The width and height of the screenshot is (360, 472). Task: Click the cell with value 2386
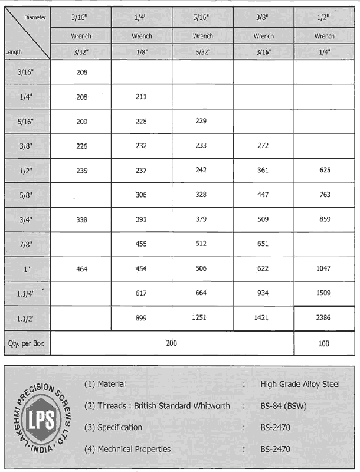coord(324,317)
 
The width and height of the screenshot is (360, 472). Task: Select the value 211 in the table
coord(141,97)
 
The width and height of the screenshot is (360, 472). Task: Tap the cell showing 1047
coord(324,268)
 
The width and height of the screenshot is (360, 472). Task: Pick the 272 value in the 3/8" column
coord(263,146)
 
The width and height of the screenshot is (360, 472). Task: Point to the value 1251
coord(202,317)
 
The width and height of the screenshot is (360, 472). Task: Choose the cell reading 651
coord(263,244)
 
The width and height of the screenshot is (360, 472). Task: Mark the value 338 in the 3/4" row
coord(81,220)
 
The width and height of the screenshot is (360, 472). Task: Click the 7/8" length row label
coord(26,244)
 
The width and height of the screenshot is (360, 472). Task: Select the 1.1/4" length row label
coord(26,293)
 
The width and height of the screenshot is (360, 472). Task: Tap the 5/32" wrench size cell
coord(202,51)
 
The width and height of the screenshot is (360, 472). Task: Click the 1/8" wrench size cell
coord(141,51)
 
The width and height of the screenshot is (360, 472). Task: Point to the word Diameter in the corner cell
coord(35,17)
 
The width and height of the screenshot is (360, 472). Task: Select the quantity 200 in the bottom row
coord(172,343)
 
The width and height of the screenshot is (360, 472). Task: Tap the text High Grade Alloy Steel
coord(300,384)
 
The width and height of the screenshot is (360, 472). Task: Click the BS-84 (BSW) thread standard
coord(283,406)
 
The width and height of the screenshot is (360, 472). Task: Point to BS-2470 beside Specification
coord(276,427)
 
